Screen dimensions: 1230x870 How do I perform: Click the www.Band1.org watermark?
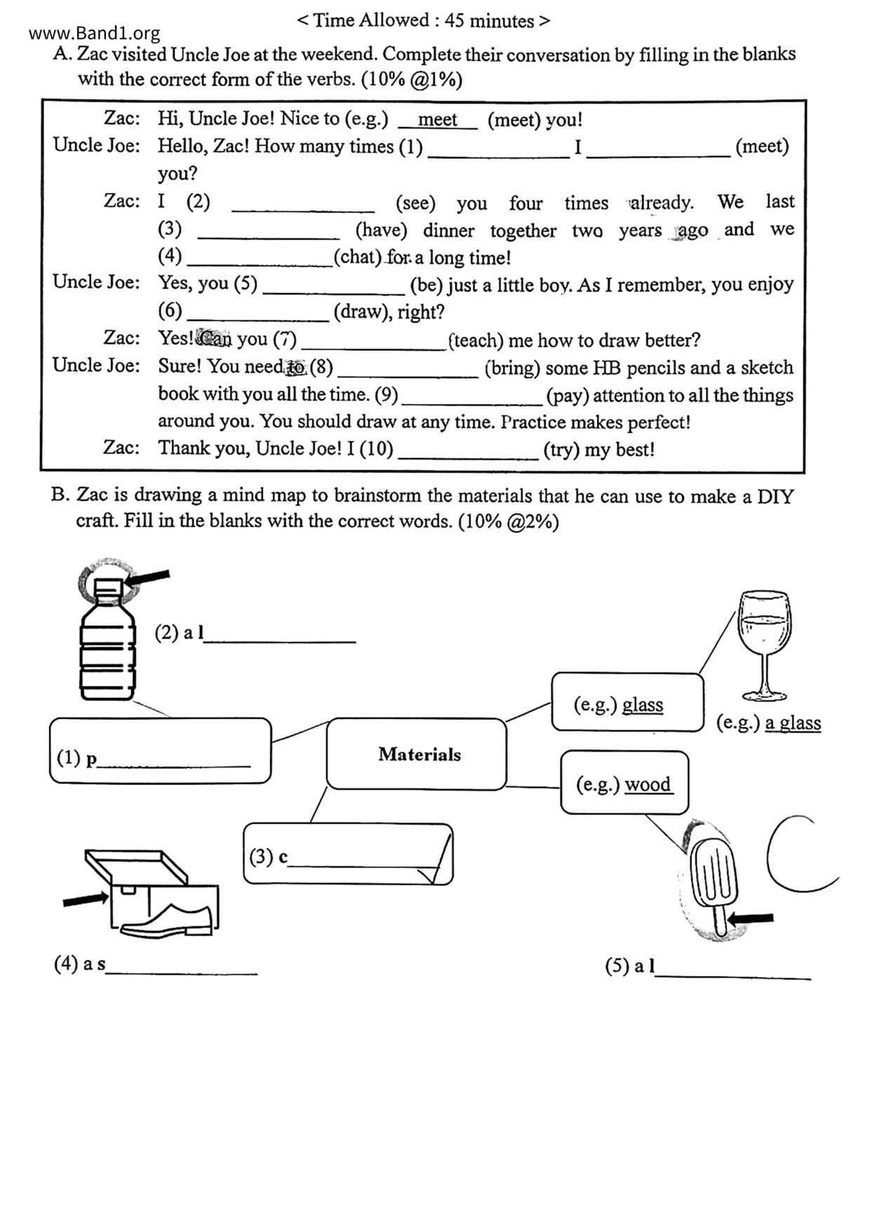click(95, 33)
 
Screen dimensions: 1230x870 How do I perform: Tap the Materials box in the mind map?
click(417, 754)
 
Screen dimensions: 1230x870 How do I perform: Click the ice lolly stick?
click(720, 921)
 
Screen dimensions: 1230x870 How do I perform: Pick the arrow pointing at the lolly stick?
click(751, 918)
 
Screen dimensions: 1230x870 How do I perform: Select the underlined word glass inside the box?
click(643, 704)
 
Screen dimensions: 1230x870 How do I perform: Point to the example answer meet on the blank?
click(437, 120)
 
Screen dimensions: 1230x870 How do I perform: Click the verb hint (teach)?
click(476, 340)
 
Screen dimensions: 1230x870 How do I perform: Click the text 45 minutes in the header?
click(489, 20)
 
